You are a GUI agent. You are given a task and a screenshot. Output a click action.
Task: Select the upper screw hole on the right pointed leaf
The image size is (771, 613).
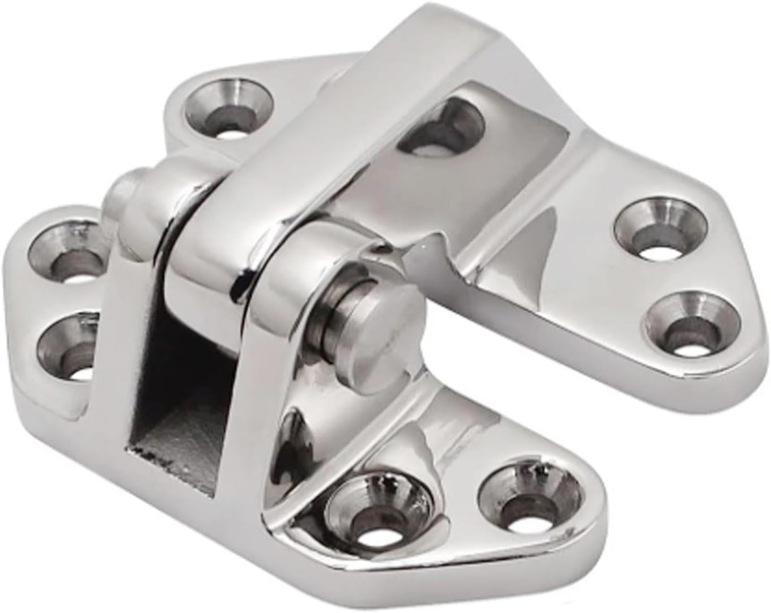click(x=659, y=229)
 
